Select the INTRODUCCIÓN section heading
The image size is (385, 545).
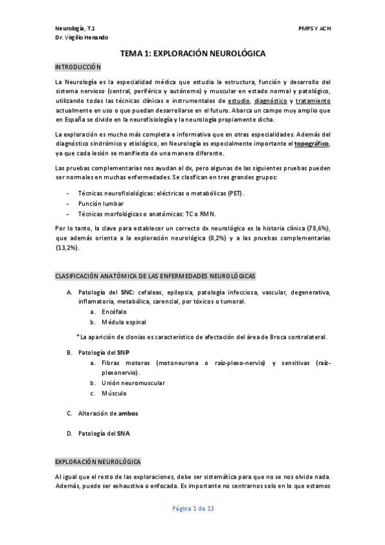[78, 67]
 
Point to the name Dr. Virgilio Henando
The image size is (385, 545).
[82, 38]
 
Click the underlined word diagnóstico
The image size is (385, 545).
[270, 101]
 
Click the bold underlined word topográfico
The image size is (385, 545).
[311, 144]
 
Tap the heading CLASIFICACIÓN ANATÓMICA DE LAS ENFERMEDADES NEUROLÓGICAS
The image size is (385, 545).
[155, 276]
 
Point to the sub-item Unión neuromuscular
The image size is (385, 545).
[133, 382]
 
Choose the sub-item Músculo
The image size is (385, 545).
[114, 393]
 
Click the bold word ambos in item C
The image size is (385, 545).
[128, 413]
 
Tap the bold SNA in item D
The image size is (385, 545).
[123, 433]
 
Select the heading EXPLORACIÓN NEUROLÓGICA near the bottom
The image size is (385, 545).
[98, 462]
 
